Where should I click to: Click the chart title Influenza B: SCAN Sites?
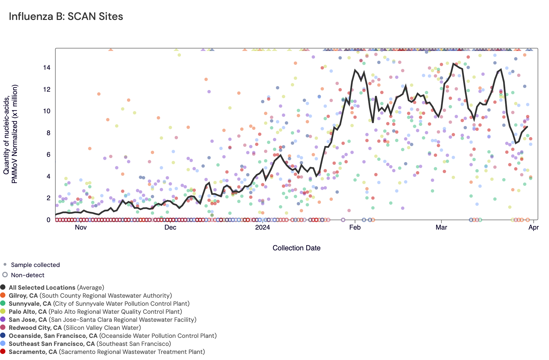[66, 17]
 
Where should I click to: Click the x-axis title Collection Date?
[296, 248]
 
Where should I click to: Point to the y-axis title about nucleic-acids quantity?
[11, 134]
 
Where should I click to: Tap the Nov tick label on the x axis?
[81, 227]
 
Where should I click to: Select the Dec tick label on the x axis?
[170, 227]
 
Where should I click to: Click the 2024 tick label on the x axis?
[262, 227]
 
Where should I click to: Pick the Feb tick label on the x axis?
[355, 227]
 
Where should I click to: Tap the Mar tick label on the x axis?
[441, 227]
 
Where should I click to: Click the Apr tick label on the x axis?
[533, 227]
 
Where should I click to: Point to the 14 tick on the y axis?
[47, 68]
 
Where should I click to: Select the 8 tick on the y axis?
[48, 133]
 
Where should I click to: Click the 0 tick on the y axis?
[48, 220]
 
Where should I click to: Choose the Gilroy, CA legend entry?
[90, 296]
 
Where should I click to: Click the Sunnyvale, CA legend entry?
[99, 304]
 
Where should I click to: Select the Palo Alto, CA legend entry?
[95, 312]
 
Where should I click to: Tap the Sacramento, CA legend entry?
[107, 352]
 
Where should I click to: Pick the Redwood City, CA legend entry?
[75, 328]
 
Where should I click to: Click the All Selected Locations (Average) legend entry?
[56, 288]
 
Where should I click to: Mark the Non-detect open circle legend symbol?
[5, 275]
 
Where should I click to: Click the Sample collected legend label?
[35, 265]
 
